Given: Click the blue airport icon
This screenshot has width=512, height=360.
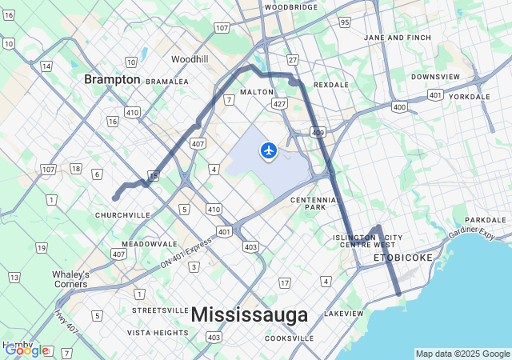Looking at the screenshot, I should tap(269, 150).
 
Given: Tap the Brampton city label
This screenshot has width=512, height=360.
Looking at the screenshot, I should tap(113, 79).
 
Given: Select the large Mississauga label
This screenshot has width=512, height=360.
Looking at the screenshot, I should tap(250, 314).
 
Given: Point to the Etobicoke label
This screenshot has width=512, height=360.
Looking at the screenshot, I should tap(403, 258).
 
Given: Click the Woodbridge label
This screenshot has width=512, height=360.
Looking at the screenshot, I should tap(291, 6).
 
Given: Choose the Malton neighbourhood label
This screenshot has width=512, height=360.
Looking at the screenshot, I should tap(256, 92).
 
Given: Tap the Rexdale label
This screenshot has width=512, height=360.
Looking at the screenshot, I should tap(331, 84).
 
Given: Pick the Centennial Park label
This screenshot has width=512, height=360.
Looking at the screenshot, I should tap(308, 203).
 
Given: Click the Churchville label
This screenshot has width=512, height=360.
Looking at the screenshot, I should tap(122, 215).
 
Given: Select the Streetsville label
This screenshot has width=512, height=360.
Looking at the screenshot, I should tap(160, 310).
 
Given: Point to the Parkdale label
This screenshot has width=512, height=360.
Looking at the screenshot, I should tap(486, 219).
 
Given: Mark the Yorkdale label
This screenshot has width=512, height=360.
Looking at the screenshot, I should tap(469, 97).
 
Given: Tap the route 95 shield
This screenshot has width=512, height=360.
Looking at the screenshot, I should tap(344, 22).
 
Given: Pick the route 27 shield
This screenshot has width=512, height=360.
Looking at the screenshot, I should tap(293, 60).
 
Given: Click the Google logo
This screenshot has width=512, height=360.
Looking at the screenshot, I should tap(26, 350).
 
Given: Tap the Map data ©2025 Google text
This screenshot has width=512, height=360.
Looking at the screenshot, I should tap(462, 354).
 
